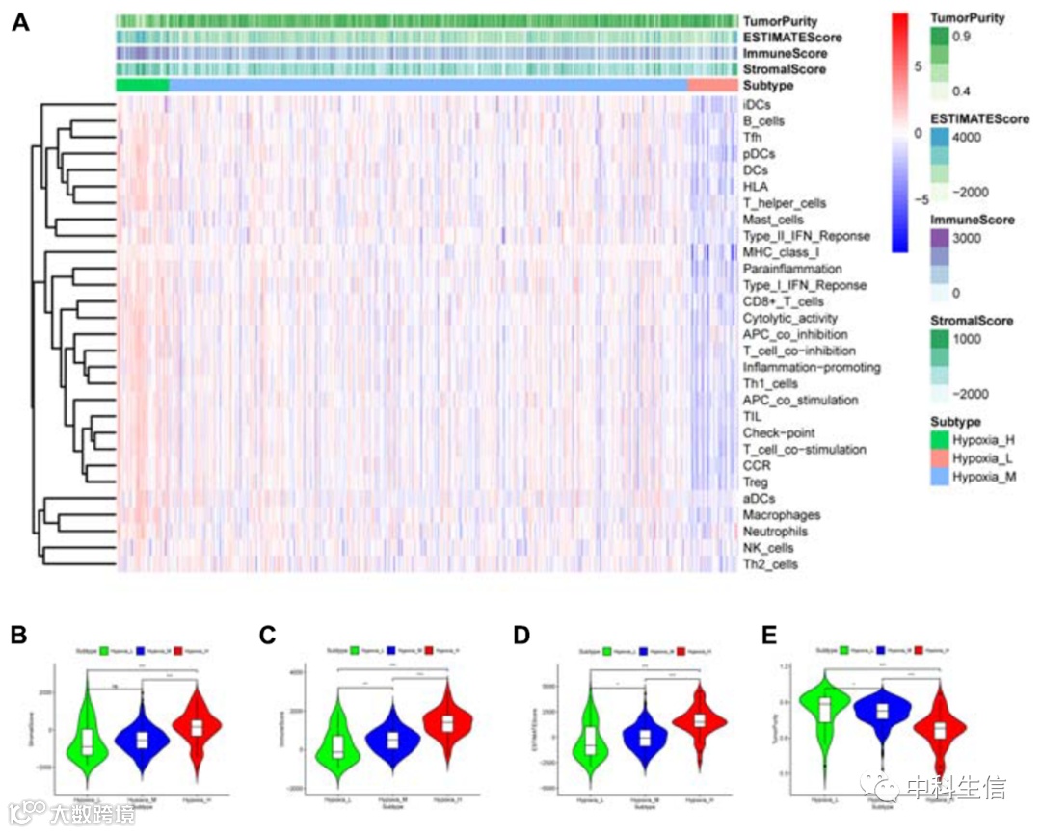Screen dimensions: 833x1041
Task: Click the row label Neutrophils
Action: [775, 532]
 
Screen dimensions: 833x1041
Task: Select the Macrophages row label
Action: [781, 515]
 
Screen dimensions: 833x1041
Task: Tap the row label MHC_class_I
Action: [781, 252]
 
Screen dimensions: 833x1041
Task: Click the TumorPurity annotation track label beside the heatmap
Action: [780, 20]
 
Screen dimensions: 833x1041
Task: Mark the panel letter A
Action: [20, 21]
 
